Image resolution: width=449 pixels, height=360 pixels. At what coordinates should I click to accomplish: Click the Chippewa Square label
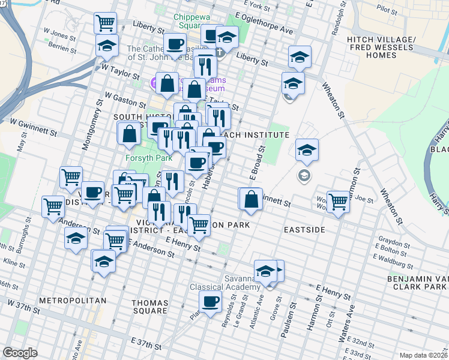[196, 22]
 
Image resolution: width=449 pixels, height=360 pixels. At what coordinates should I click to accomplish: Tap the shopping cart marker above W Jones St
[105, 23]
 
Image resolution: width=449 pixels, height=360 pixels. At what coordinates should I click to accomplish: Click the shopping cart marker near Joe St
[339, 202]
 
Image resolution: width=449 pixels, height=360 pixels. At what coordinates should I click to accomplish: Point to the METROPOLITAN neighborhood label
[73, 300]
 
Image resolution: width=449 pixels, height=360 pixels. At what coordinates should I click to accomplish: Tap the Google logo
[20, 353]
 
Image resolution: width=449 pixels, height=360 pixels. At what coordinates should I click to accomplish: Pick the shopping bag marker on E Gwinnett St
[253, 199]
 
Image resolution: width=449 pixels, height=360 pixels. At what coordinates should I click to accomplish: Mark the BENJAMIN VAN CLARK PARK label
[418, 284]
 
